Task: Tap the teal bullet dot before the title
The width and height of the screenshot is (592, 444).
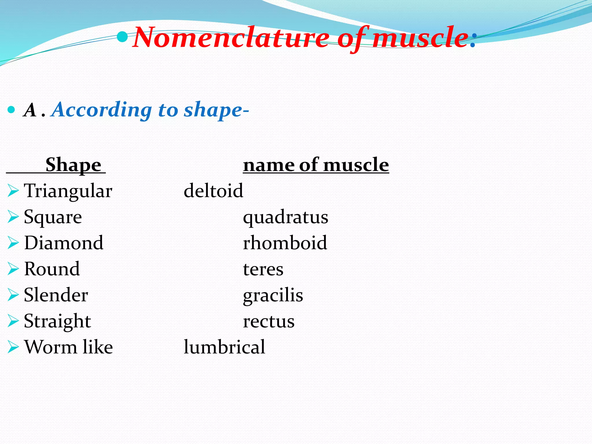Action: pos(123,37)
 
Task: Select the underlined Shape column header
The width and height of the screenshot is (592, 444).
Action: pos(73,165)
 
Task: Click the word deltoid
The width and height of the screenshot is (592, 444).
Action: pos(213,191)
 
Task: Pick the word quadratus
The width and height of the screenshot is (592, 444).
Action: pos(285,217)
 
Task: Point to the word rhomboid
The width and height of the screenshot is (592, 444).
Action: pos(285,243)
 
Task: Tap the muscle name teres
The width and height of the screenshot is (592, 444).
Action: pos(263,269)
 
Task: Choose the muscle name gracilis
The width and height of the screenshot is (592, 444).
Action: pos(273,295)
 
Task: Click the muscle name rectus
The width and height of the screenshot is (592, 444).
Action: pos(269,321)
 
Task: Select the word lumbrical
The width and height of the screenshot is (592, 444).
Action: pos(224,347)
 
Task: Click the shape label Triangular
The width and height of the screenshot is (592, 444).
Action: pos(68,191)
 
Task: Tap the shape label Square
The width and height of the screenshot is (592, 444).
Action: pos(53,217)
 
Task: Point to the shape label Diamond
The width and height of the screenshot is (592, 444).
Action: pos(64,243)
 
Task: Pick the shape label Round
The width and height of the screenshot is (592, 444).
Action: pos(52,269)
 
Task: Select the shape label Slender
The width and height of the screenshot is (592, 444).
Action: pos(56,295)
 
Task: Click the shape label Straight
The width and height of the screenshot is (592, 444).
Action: pos(57,321)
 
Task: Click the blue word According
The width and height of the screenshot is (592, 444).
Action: pos(102,110)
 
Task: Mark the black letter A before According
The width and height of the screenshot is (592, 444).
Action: pos(30,110)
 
